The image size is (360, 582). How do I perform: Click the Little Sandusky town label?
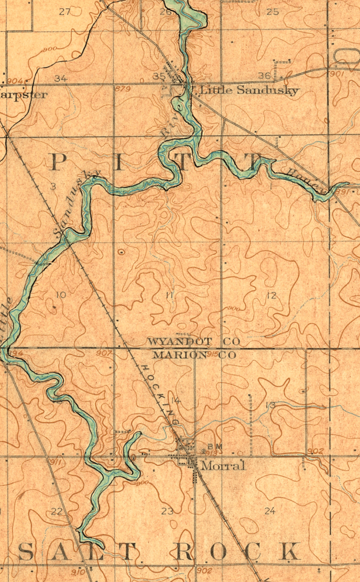249,90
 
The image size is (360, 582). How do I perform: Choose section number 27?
65,12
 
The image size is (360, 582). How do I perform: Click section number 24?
270,511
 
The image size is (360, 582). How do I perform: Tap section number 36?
264,76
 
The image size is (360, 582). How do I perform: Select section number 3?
53,187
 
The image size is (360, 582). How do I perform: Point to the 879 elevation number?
122,89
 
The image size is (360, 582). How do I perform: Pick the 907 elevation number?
103,353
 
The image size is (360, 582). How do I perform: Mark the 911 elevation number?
55,462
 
